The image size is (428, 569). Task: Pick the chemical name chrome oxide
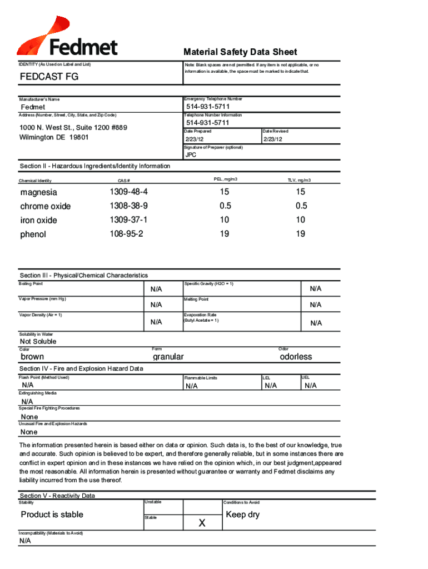pos(46,206)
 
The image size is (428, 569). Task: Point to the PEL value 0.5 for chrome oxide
pos(225,206)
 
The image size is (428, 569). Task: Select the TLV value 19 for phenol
pos(300,234)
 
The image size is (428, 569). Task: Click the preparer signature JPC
pos(191,155)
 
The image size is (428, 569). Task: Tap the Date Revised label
pos(276,131)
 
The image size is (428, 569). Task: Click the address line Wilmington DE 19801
pos(54,137)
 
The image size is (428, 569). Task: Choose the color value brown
pos(32,357)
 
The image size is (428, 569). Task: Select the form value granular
pos(168,357)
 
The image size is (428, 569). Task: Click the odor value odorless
pos(296,357)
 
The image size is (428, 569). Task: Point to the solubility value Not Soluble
pos(38,341)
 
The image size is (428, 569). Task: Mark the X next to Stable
pos(202,523)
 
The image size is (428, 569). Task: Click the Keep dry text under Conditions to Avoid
pos(243,515)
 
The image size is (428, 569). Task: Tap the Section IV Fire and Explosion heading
pos(81,368)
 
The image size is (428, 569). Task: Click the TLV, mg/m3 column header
pos(299,180)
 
